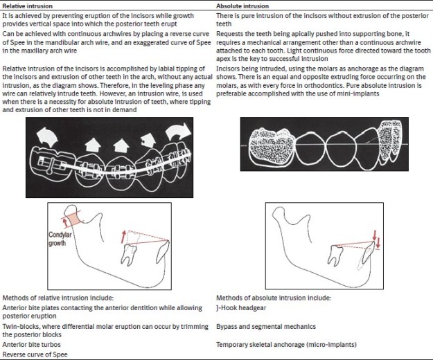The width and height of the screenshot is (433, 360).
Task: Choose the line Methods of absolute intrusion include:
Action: click(264, 298)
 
